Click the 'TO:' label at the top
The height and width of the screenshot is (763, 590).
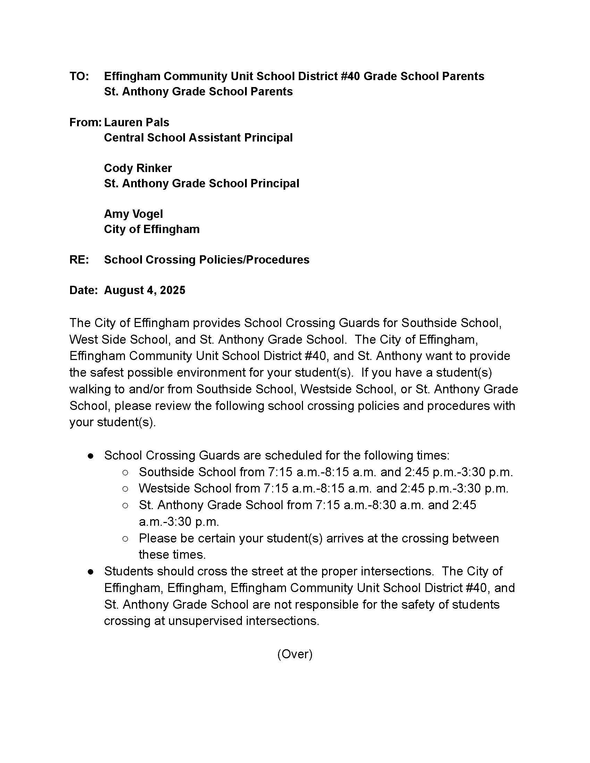click(79, 76)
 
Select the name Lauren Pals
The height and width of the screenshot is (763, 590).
click(136, 122)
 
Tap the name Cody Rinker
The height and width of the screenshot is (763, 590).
click(138, 168)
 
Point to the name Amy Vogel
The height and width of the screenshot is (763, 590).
click(133, 214)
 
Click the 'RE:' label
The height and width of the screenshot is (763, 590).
click(79, 259)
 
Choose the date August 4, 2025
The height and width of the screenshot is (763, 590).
click(144, 290)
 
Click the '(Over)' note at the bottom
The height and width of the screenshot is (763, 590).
click(295, 654)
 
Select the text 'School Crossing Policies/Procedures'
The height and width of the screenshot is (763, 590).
click(206, 259)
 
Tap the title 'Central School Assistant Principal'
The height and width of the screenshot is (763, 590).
click(198, 138)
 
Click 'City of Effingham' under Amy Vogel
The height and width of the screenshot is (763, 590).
click(152, 229)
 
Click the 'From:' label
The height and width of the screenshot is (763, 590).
click(85, 122)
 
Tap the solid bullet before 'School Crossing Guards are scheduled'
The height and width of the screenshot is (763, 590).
click(91, 456)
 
